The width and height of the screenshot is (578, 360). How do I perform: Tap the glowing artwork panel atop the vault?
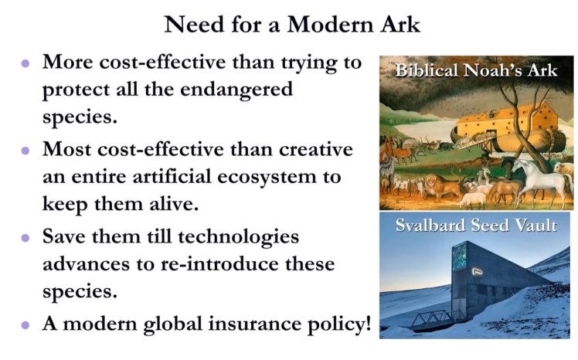461,256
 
